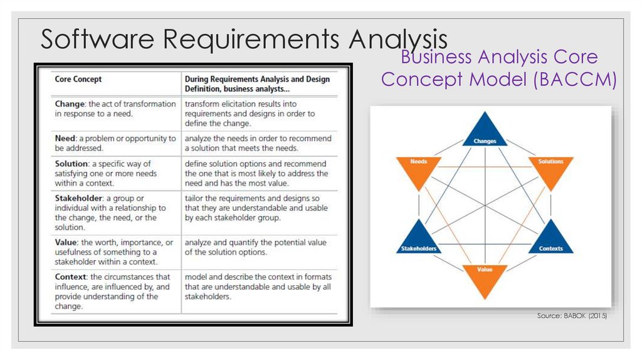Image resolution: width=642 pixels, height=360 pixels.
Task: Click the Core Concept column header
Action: click(x=78, y=80)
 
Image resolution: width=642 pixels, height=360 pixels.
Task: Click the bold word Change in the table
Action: click(x=70, y=104)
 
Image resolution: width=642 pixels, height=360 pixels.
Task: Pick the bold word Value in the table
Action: click(x=67, y=243)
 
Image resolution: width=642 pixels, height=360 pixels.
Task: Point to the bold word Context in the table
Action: click(x=71, y=277)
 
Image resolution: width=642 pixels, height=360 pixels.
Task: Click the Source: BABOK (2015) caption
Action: click(x=572, y=316)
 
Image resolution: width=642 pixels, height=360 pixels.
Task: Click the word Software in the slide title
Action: click(x=98, y=39)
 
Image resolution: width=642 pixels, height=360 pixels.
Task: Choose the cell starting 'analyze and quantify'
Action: click(x=257, y=247)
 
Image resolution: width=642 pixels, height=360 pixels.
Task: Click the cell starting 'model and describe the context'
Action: click(x=258, y=287)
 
